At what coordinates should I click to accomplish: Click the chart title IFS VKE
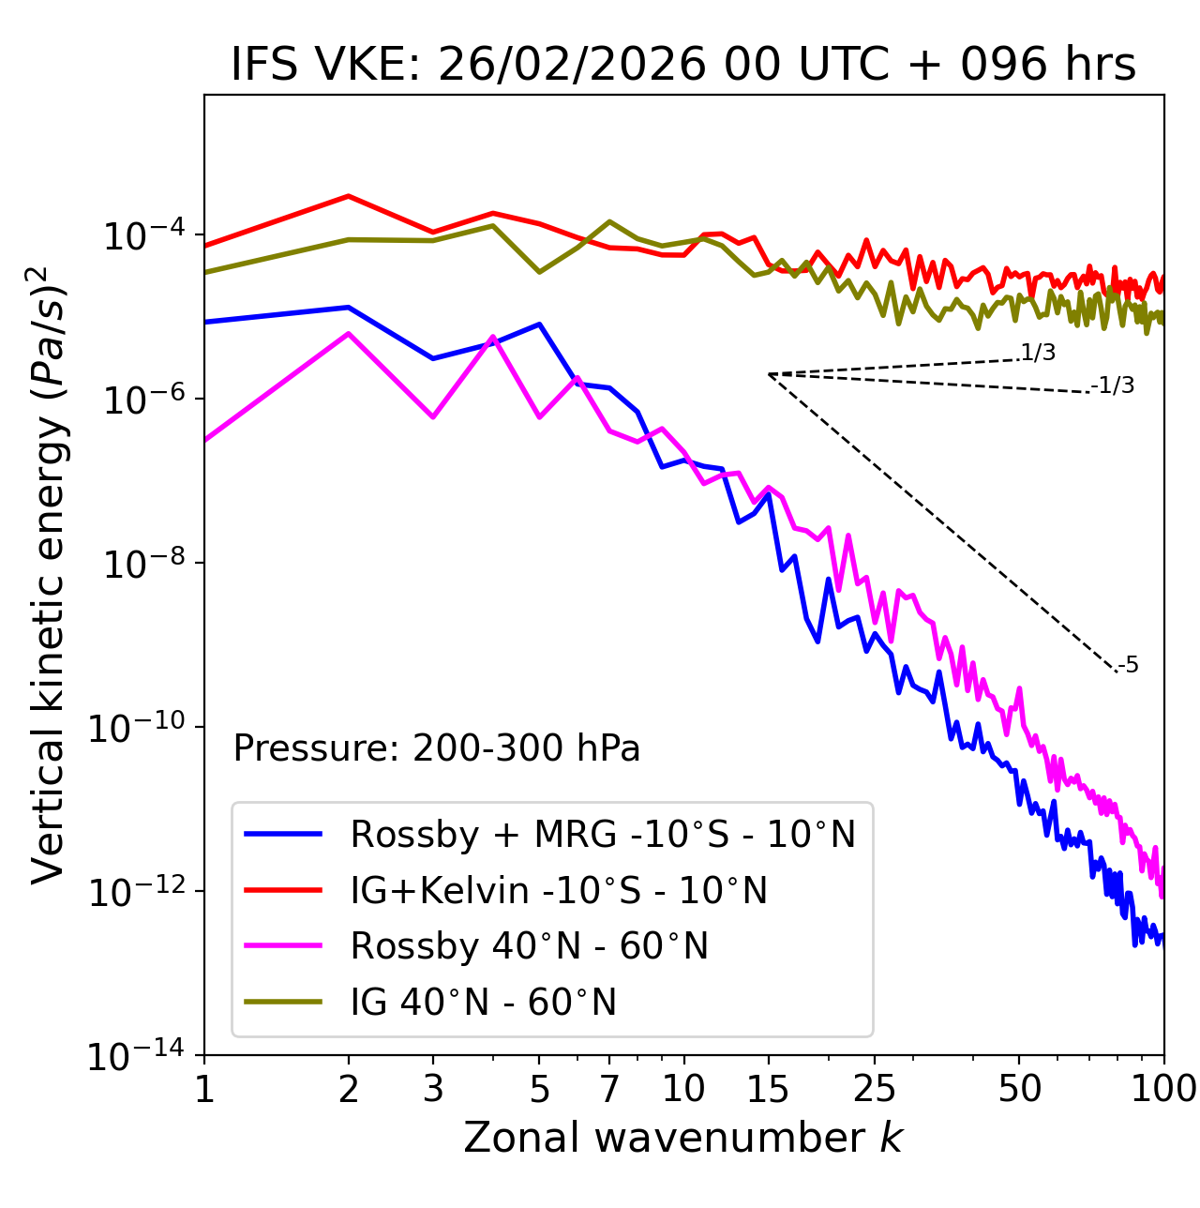point(682,65)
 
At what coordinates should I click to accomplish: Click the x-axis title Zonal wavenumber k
point(682,1137)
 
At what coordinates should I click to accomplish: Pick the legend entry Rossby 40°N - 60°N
point(529,946)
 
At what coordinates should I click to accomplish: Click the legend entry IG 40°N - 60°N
point(483,1003)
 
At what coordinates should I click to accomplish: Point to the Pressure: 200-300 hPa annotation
point(436,748)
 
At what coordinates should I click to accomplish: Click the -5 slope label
point(1128,666)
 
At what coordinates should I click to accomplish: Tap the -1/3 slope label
point(1113,385)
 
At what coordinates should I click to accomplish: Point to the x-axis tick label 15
point(769,1088)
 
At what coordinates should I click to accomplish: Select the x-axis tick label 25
point(875,1088)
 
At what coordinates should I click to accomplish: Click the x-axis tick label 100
point(1163,1088)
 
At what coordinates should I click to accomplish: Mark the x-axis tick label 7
point(609,1088)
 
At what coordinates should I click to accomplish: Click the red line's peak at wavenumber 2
point(349,196)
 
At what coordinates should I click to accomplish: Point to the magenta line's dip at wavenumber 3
point(433,416)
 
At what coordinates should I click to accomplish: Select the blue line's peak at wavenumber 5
point(539,325)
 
